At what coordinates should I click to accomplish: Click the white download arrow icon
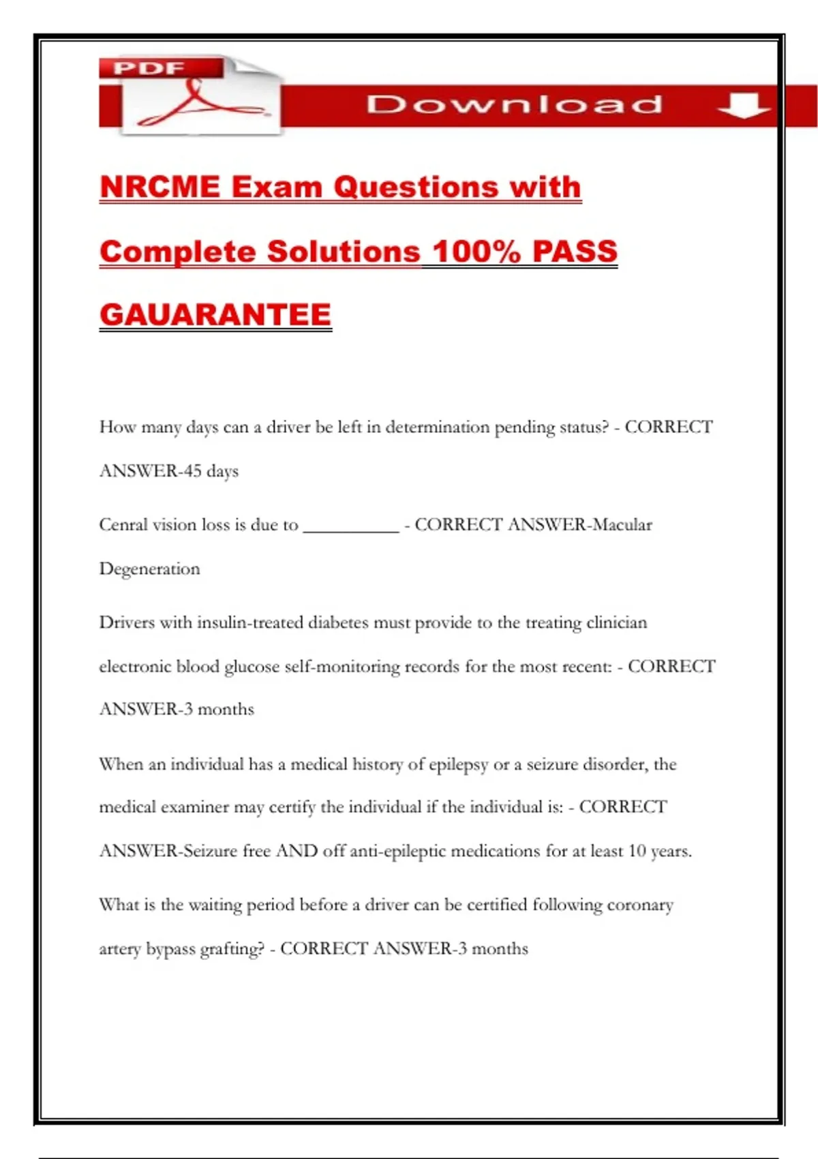click(744, 106)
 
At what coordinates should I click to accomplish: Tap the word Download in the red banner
click(514, 104)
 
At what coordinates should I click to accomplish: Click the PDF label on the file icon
click(149, 68)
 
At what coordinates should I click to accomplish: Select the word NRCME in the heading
click(160, 187)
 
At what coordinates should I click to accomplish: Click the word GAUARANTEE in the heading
click(215, 315)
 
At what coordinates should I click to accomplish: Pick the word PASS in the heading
click(575, 251)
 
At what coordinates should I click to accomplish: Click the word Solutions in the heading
click(343, 251)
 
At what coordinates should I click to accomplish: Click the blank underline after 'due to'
click(350, 525)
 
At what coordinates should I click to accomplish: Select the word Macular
click(622, 524)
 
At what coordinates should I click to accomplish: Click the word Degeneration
click(150, 569)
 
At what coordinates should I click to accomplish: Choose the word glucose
click(252, 667)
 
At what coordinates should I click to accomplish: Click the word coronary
click(639, 905)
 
